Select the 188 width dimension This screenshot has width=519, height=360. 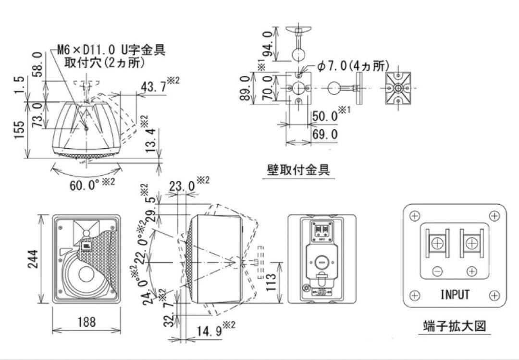pyautogui.click(x=86, y=322)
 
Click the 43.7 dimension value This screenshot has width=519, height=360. pyautogui.click(x=154, y=87)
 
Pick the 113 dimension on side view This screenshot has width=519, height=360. pyautogui.click(x=271, y=283)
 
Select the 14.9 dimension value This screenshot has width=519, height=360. pyautogui.click(x=209, y=331)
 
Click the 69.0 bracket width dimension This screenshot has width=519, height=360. pyautogui.click(x=325, y=134)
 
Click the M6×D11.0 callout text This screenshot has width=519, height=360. pyautogui.click(x=111, y=50)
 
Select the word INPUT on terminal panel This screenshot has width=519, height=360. pyautogui.click(x=455, y=294)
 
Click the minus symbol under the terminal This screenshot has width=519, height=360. pyautogui.click(x=437, y=272)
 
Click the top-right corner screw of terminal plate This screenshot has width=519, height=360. pyautogui.click(x=494, y=216)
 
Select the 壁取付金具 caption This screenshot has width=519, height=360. pyautogui.click(x=298, y=170)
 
